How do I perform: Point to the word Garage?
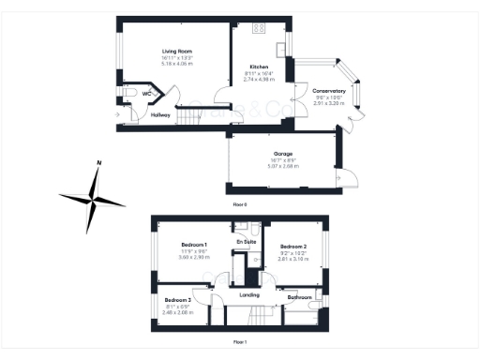click(283, 153)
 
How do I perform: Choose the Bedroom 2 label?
click(293, 246)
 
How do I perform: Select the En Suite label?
click(246, 243)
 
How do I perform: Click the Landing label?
click(249, 295)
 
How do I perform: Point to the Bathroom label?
click(300, 297)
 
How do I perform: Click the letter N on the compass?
click(98, 165)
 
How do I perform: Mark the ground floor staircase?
click(191, 116)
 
